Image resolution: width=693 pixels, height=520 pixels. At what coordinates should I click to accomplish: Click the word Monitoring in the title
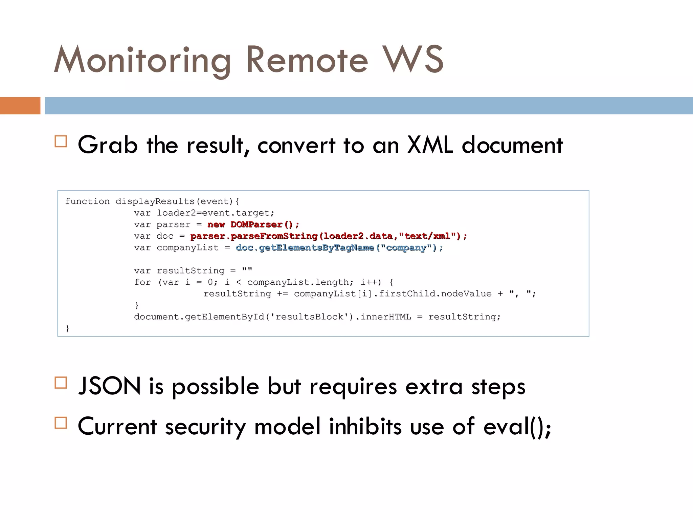(142, 60)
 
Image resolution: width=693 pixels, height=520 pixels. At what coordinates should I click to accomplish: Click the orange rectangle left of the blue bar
(20, 106)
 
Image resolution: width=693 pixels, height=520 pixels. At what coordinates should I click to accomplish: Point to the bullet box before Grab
(61, 141)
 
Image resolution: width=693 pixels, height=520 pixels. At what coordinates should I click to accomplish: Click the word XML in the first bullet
(430, 145)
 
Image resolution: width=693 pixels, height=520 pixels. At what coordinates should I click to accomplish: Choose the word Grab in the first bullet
(108, 145)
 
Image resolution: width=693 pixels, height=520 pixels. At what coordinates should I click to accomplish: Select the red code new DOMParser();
(253, 224)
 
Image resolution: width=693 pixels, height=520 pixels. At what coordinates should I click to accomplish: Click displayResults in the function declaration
(155, 201)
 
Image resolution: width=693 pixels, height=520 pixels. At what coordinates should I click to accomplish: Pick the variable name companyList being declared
(187, 248)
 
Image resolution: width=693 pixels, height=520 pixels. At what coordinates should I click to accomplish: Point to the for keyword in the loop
(142, 282)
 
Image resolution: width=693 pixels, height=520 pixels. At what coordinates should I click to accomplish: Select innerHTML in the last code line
(385, 317)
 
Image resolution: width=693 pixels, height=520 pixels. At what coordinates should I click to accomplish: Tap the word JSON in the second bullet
(109, 386)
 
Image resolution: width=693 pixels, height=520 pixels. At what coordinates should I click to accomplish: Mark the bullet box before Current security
(61, 423)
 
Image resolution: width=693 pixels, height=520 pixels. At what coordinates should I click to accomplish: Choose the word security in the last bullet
(205, 426)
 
